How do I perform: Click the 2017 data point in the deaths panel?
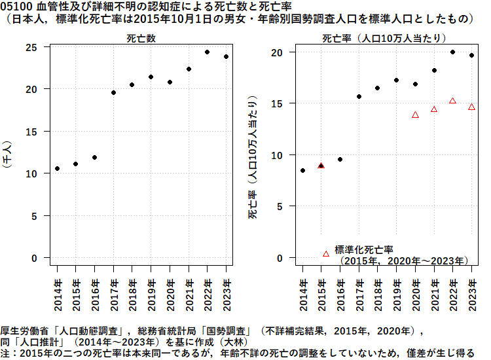click(113, 93)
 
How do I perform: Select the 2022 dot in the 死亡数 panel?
click(207, 52)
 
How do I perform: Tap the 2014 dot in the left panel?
click(57, 169)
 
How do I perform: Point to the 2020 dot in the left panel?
click(170, 82)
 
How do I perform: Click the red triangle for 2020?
click(415, 115)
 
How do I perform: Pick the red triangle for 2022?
click(452, 101)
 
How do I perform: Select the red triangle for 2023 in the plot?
click(471, 107)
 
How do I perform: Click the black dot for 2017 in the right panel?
click(359, 97)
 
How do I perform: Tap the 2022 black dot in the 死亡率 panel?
click(452, 52)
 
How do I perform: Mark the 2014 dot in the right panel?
click(302, 171)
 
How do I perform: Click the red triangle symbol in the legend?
click(326, 253)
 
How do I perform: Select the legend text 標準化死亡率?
click(363, 249)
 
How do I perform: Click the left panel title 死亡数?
click(141, 39)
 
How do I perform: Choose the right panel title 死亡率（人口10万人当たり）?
click(384, 39)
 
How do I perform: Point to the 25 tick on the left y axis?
click(31, 47)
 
